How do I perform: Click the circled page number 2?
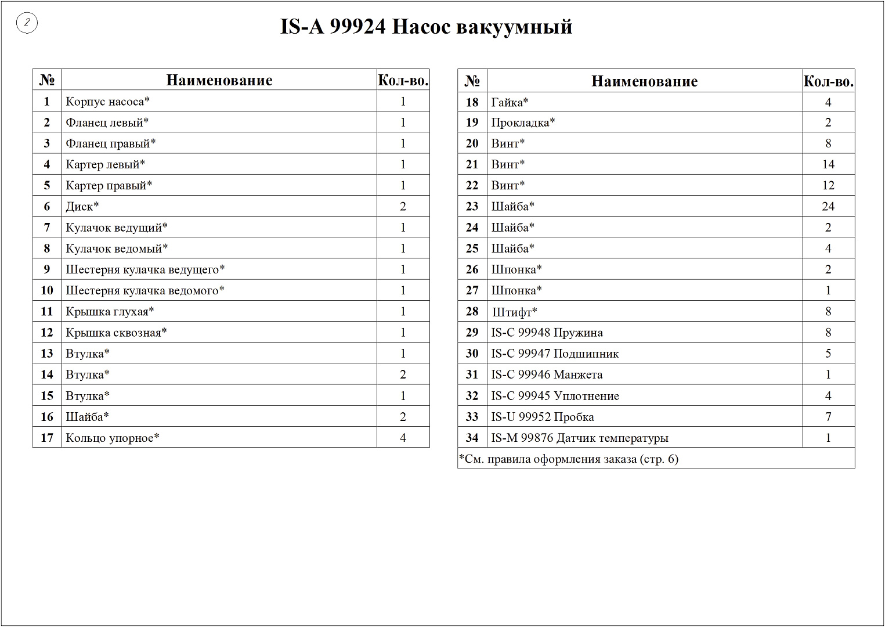[27, 23]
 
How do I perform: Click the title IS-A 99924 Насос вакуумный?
[426, 27]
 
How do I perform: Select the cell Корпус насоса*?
[108, 102]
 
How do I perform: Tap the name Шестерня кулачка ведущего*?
[145, 269]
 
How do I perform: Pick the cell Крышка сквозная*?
[116, 333]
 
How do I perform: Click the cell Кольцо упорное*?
[113, 438]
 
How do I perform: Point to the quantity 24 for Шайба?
[828, 207]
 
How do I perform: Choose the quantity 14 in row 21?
[828, 164]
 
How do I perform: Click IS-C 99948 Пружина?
[547, 333]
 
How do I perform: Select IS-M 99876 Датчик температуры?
[579, 438]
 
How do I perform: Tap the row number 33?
[472, 417]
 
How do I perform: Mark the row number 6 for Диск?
[47, 207]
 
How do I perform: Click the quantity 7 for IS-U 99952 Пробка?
[828, 417]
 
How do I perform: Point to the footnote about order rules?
[568, 459]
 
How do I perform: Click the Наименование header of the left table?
[219, 80]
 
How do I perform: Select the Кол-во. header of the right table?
[828, 81]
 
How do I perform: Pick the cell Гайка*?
[510, 103]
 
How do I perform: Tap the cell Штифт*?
[515, 312]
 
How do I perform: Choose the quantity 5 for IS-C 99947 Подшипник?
[828, 354]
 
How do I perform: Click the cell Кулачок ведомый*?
[117, 248]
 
